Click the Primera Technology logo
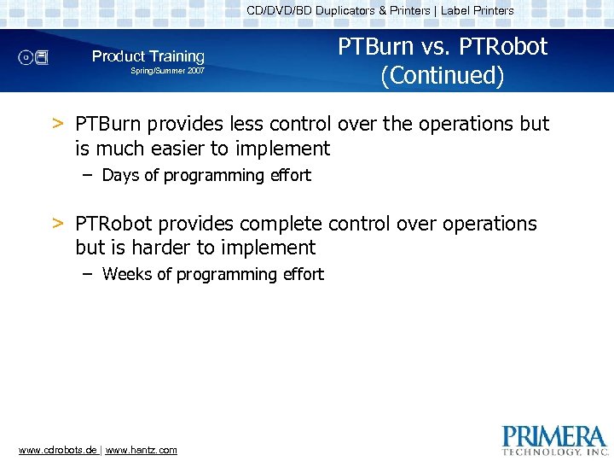click(555, 439)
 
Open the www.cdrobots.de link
click(57, 450)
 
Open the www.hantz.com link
click(142, 450)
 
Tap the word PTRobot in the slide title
click(505, 46)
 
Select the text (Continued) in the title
click(443, 75)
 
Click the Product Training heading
click(148, 56)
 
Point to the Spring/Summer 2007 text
click(167, 72)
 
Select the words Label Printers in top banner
click(477, 11)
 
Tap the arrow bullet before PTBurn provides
click(58, 124)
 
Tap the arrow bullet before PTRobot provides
click(58, 224)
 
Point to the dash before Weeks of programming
click(88, 274)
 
